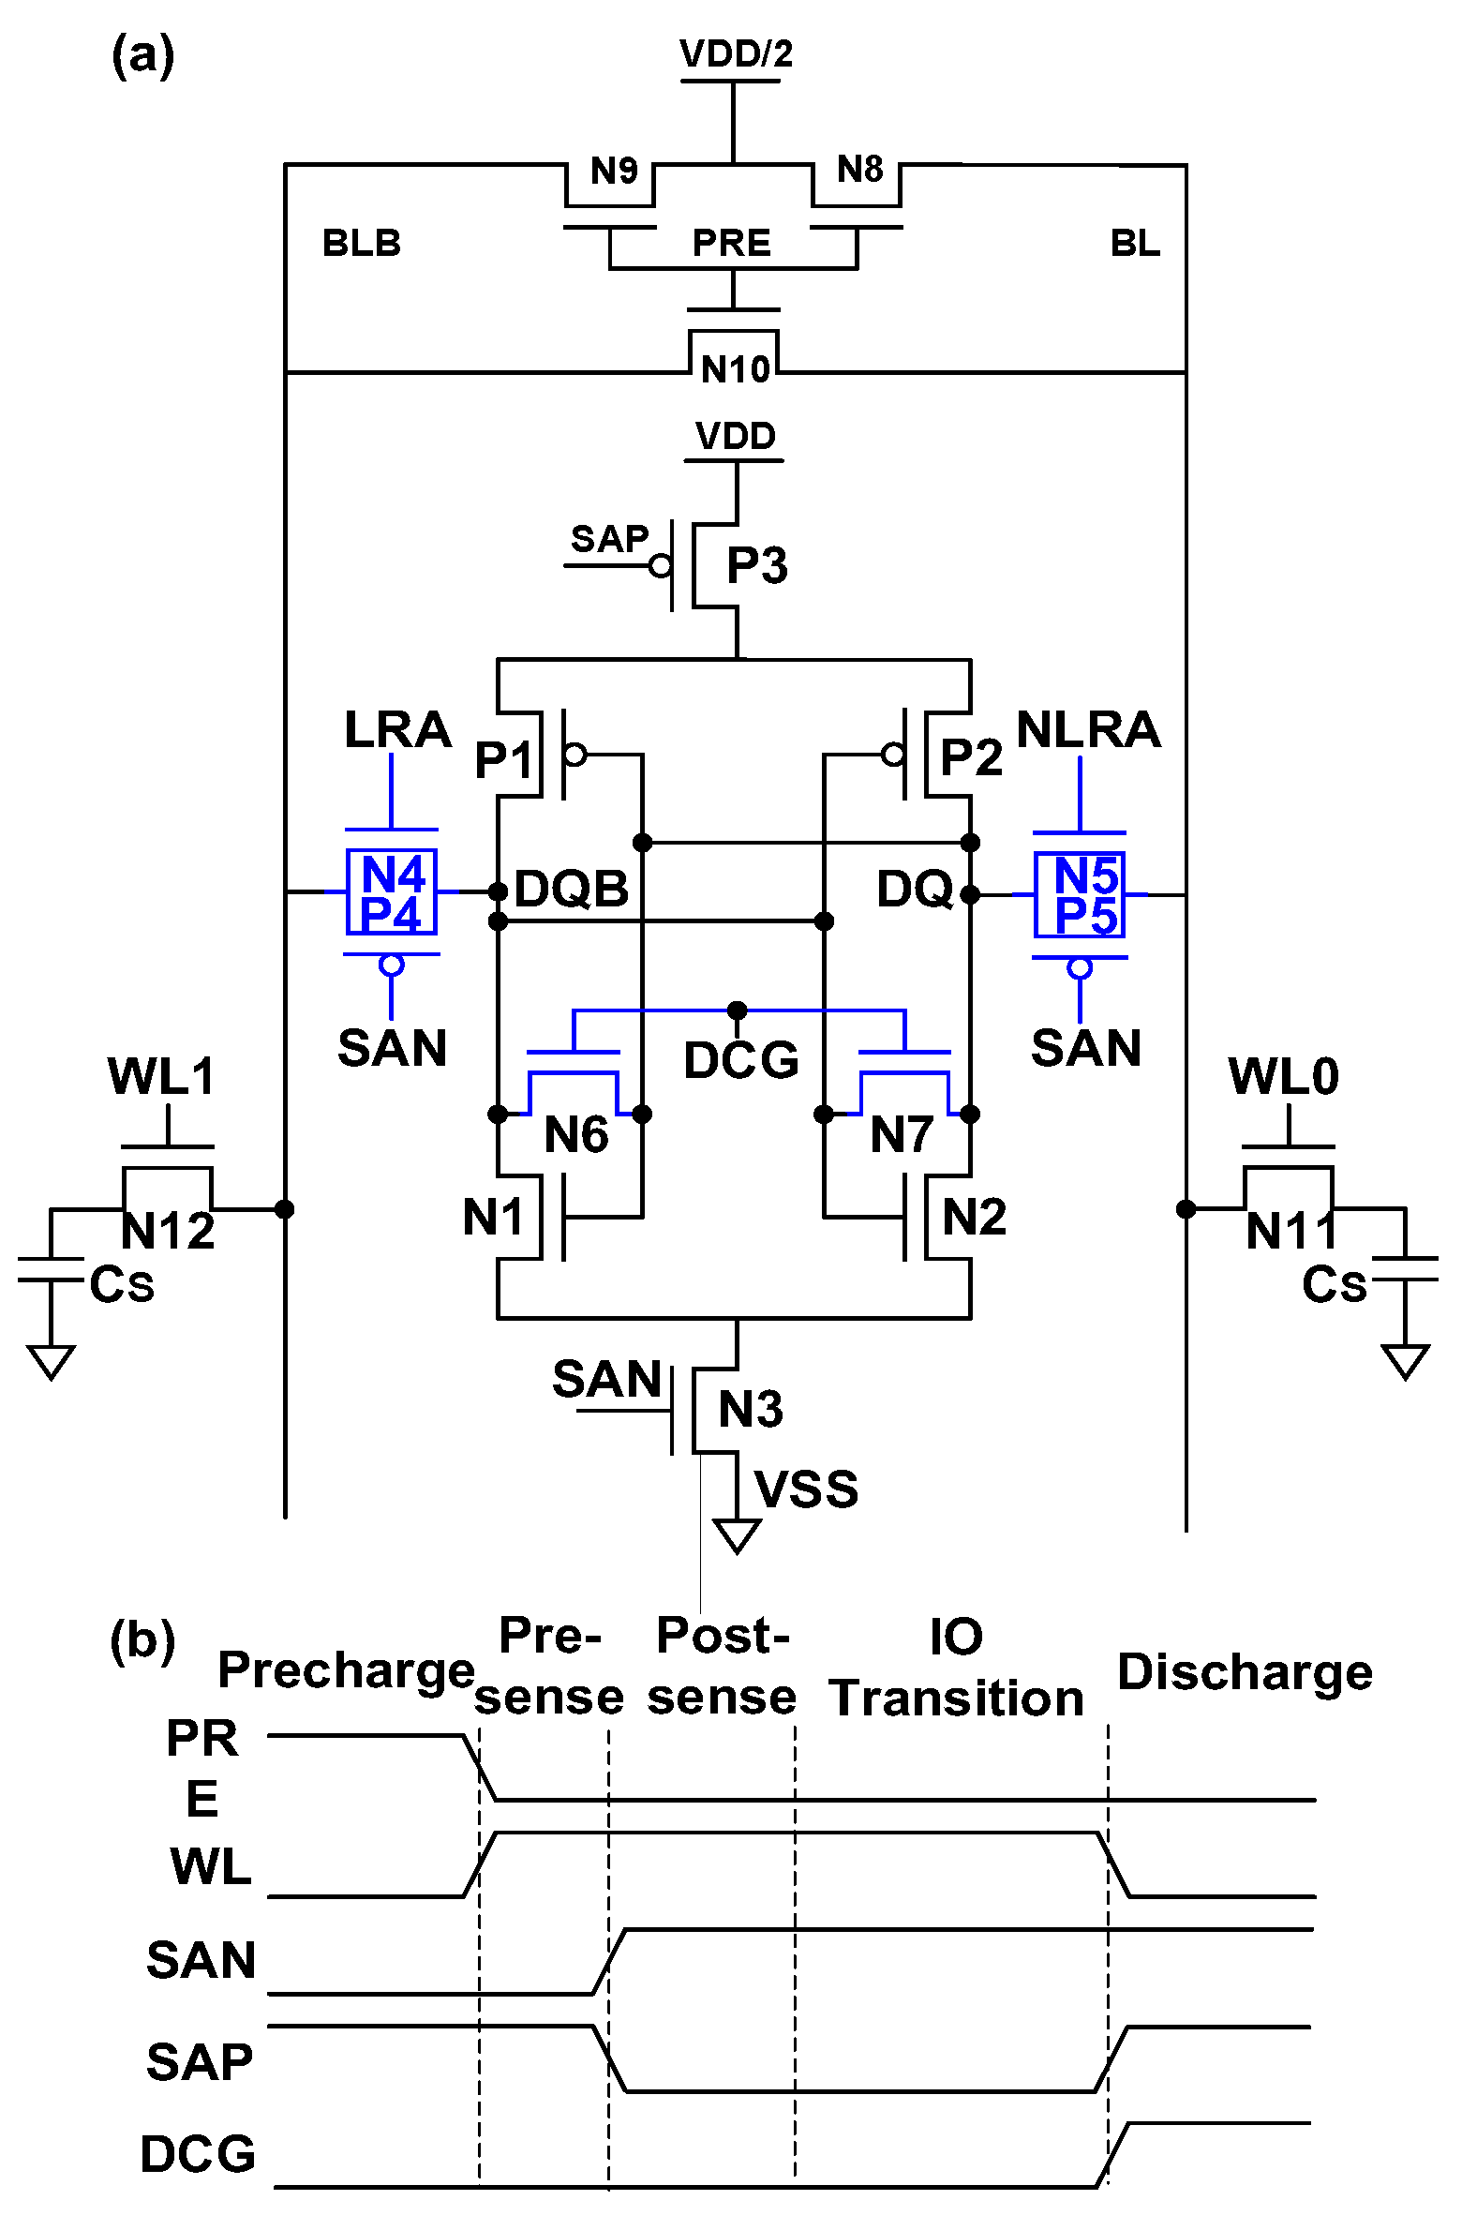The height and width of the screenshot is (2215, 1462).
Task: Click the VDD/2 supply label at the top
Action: click(x=736, y=53)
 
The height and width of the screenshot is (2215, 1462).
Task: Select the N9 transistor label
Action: click(x=614, y=171)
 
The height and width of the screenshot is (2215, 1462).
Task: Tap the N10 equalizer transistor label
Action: click(x=736, y=369)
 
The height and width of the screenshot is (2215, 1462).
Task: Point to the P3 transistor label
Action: click(x=757, y=565)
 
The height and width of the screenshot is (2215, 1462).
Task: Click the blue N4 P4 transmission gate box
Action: click(x=392, y=892)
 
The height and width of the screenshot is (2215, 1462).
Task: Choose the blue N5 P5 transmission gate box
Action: click(x=1081, y=895)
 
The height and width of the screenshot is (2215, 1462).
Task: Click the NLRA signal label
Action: click(x=1088, y=729)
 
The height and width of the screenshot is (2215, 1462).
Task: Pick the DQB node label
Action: click(x=571, y=889)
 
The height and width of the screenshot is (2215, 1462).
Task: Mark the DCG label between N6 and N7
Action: click(x=740, y=1060)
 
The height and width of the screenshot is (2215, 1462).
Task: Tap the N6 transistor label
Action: click(x=576, y=1134)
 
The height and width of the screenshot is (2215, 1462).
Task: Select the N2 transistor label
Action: click(x=974, y=1217)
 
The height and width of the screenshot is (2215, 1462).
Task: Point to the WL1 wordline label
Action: click(x=161, y=1076)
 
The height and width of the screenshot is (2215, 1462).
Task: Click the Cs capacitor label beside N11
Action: click(x=1334, y=1284)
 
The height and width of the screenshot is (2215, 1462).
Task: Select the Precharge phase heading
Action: click(x=346, y=1670)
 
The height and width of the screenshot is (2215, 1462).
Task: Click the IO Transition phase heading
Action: click(x=956, y=1669)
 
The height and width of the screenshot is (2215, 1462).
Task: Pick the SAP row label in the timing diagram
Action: click(x=200, y=2062)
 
